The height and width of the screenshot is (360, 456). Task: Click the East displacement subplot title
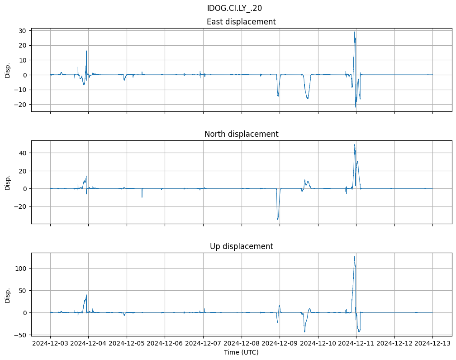pyautogui.click(x=241, y=22)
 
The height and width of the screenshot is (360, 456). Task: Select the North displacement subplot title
pyautogui.click(x=241, y=134)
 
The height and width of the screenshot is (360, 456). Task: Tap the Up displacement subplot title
pyautogui.click(x=241, y=246)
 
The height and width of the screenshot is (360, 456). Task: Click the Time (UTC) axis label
pyautogui.click(x=241, y=352)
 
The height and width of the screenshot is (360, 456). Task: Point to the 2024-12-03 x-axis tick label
pyautogui.click(x=50, y=343)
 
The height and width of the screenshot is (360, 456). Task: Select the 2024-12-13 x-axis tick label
pyautogui.click(x=432, y=343)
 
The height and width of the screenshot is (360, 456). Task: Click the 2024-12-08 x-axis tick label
pyautogui.click(x=242, y=343)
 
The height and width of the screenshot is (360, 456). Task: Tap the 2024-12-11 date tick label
pyautogui.click(x=356, y=343)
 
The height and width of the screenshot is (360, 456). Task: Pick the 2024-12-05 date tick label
pyautogui.click(x=127, y=343)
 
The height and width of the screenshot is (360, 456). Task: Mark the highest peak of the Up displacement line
pyautogui.click(x=354, y=257)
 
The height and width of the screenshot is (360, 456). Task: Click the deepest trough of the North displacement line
pyautogui.click(x=278, y=220)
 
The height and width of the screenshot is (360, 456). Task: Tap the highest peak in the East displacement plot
pyautogui.click(x=355, y=32)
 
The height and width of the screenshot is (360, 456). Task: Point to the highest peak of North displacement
pyautogui.click(x=355, y=144)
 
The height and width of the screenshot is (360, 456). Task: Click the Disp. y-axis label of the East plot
pyautogui.click(x=7, y=70)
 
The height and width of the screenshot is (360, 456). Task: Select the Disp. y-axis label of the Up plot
pyautogui.click(x=7, y=295)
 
